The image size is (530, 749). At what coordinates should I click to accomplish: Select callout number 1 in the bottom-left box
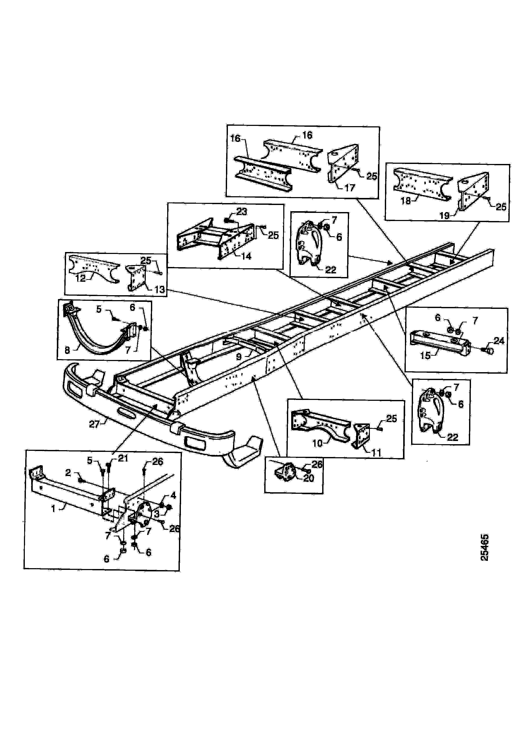pos(53,508)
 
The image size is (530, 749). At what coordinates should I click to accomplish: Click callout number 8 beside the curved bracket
pos(67,350)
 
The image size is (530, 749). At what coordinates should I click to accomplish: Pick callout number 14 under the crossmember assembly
pos(246,257)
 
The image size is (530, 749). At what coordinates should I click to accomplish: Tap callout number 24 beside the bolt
pos(499,341)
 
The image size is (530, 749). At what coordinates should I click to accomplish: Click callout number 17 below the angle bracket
pos(350,188)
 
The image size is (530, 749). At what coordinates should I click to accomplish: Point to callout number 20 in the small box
pos(309,478)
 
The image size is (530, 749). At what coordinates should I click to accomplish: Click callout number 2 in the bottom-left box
pos(68,473)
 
